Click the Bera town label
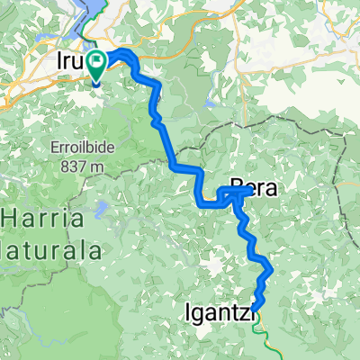[251, 188]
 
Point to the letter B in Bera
[238, 188]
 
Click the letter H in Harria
[11, 220]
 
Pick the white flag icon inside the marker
[94, 60]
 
